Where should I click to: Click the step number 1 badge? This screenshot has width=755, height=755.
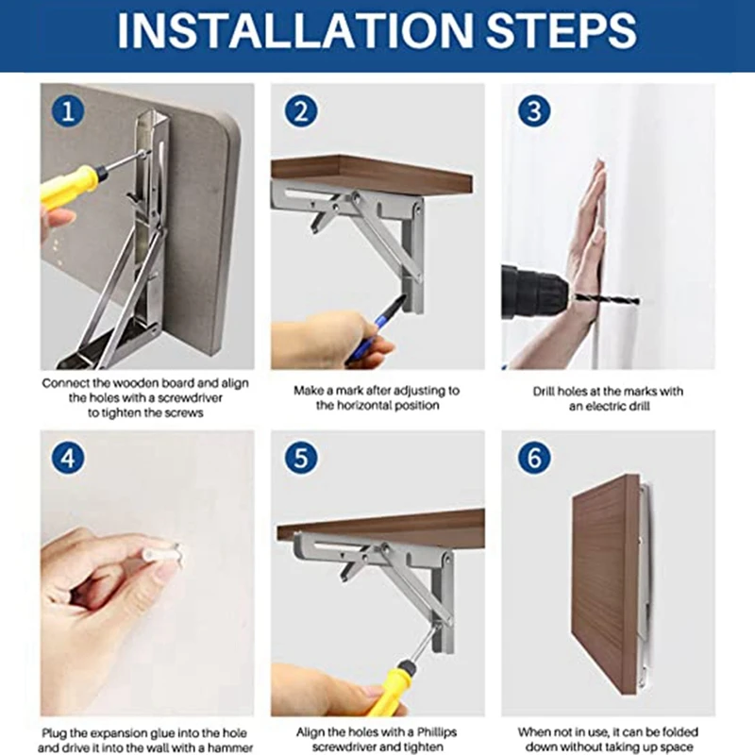(68, 111)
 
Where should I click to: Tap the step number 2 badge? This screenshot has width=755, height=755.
(301, 111)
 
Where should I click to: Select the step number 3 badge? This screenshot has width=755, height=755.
(534, 111)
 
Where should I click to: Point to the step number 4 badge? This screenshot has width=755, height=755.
(68, 458)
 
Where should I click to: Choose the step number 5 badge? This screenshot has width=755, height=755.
(301, 458)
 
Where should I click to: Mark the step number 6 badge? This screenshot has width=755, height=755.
(534, 458)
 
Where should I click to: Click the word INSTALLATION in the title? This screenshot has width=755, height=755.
(295, 30)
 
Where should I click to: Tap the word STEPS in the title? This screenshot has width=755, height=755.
(562, 30)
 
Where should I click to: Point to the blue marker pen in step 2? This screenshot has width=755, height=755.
(377, 327)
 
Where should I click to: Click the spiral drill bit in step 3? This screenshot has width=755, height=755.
(605, 300)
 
